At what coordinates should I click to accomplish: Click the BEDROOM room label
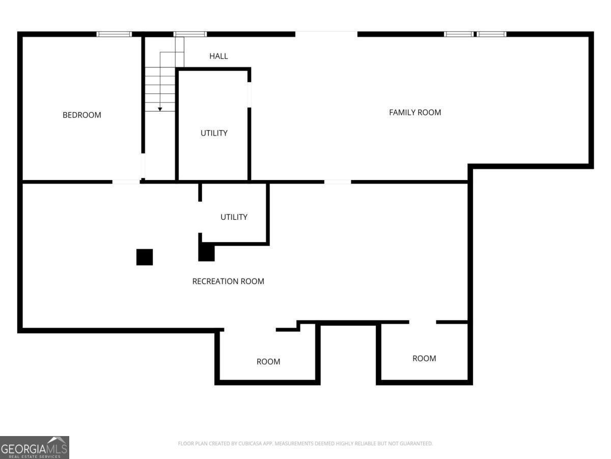pyautogui.click(x=81, y=115)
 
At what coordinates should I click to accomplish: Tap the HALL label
pyautogui.click(x=218, y=56)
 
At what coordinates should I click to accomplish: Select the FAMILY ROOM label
pyautogui.click(x=415, y=112)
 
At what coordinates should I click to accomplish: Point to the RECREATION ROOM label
pyautogui.click(x=228, y=281)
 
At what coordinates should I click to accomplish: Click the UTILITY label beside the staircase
pyautogui.click(x=214, y=133)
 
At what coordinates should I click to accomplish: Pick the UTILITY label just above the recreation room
pyautogui.click(x=234, y=217)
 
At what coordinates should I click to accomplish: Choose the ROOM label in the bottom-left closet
pyautogui.click(x=268, y=362)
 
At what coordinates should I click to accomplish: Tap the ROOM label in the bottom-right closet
pyautogui.click(x=424, y=359)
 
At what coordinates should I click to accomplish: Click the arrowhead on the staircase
pyautogui.click(x=160, y=109)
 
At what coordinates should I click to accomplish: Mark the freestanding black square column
pyautogui.click(x=145, y=257)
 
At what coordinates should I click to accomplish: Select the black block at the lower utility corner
pyautogui.click(x=206, y=253)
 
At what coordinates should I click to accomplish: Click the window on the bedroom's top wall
pyautogui.click(x=114, y=34)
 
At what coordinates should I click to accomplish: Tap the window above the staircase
pyautogui.click(x=190, y=34)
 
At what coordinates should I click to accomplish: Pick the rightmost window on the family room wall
pyautogui.click(x=491, y=34)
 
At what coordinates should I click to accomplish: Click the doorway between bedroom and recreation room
pyautogui.click(x=126, y=182)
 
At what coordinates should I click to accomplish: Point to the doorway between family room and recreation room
pyautogui.click(x=337, y=182)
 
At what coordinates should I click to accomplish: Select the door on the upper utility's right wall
pyautogui.click(x=249, y=94)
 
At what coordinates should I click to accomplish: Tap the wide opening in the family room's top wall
pyautogui.click(x=326, y=34)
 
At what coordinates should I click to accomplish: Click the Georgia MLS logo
pyautogui.click(x=34, y=447)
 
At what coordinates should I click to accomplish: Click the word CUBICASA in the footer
pyautogui.click(x=252, y=444)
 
